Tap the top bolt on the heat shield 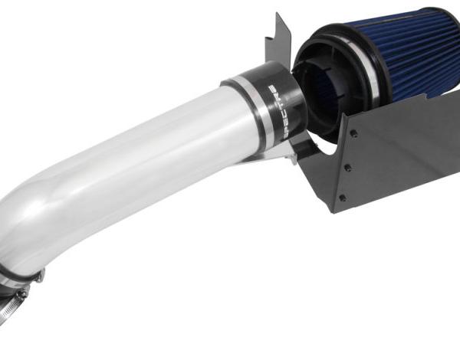pos(353,133)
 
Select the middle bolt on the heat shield pos(347,168)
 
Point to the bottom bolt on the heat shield pos(342,198)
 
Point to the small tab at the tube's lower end pos(40,275)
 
